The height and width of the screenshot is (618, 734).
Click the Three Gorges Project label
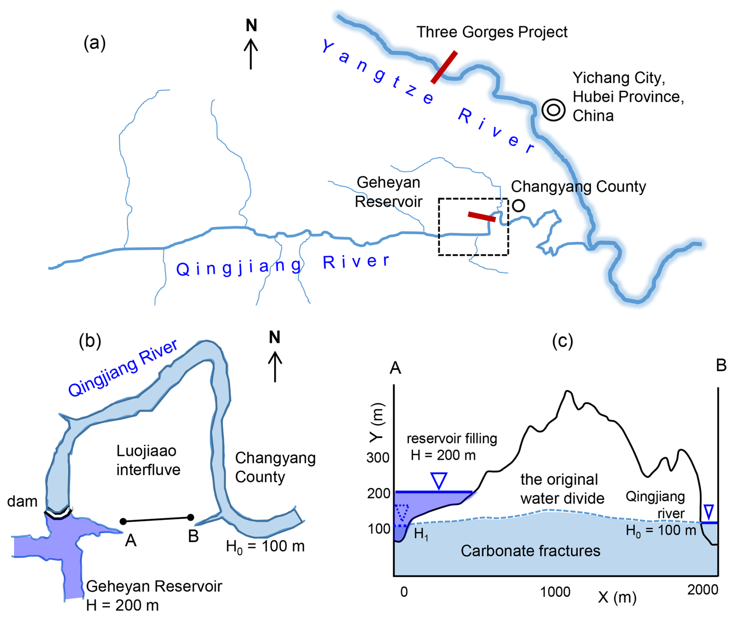[x=492, y=32]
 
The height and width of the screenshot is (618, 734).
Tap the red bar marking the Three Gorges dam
[x=444, y=67]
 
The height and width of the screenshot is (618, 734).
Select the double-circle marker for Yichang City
[x=553, y=110]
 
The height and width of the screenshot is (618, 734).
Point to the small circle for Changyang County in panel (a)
[x=518, y=205]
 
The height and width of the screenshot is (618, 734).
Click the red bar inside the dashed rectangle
[x=481, y=217]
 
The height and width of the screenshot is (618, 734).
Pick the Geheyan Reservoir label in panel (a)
[x=389, y=192]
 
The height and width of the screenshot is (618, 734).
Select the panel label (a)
[x=94, y=43]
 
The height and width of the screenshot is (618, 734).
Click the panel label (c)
[x=562, y=341]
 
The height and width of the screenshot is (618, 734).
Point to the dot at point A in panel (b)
[x=123, y=521]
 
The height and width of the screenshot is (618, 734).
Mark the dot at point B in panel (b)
[x=190, y=517]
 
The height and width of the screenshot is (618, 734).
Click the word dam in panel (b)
[x=22, y=501]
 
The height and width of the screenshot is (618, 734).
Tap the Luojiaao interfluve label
[x=148, y=460]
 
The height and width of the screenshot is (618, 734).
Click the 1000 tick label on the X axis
[x=555, y=592]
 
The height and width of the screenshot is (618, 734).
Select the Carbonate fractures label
[x=530, y=551]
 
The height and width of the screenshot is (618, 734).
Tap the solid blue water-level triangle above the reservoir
[x=439, y=480]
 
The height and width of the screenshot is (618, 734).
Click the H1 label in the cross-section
[x=421, y=534]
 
